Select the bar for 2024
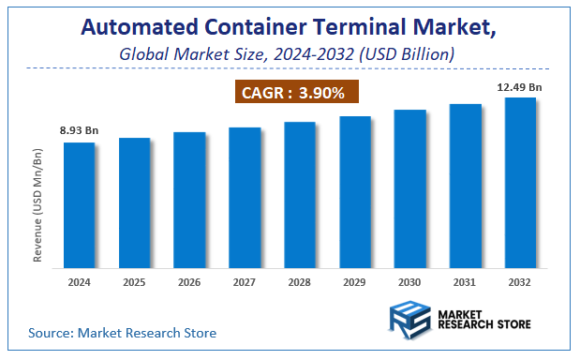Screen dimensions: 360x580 (79, 203)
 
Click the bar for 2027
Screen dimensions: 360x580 (245, 196)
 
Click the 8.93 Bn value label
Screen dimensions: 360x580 (79, 129)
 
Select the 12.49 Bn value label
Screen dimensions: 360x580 (520, 86)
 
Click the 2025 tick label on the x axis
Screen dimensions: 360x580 (134, 280)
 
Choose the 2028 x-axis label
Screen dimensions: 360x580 (300, 280)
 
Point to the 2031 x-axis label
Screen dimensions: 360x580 (466, 280)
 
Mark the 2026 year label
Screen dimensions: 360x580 (189, 280)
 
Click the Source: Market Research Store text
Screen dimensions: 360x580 (122, 333)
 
